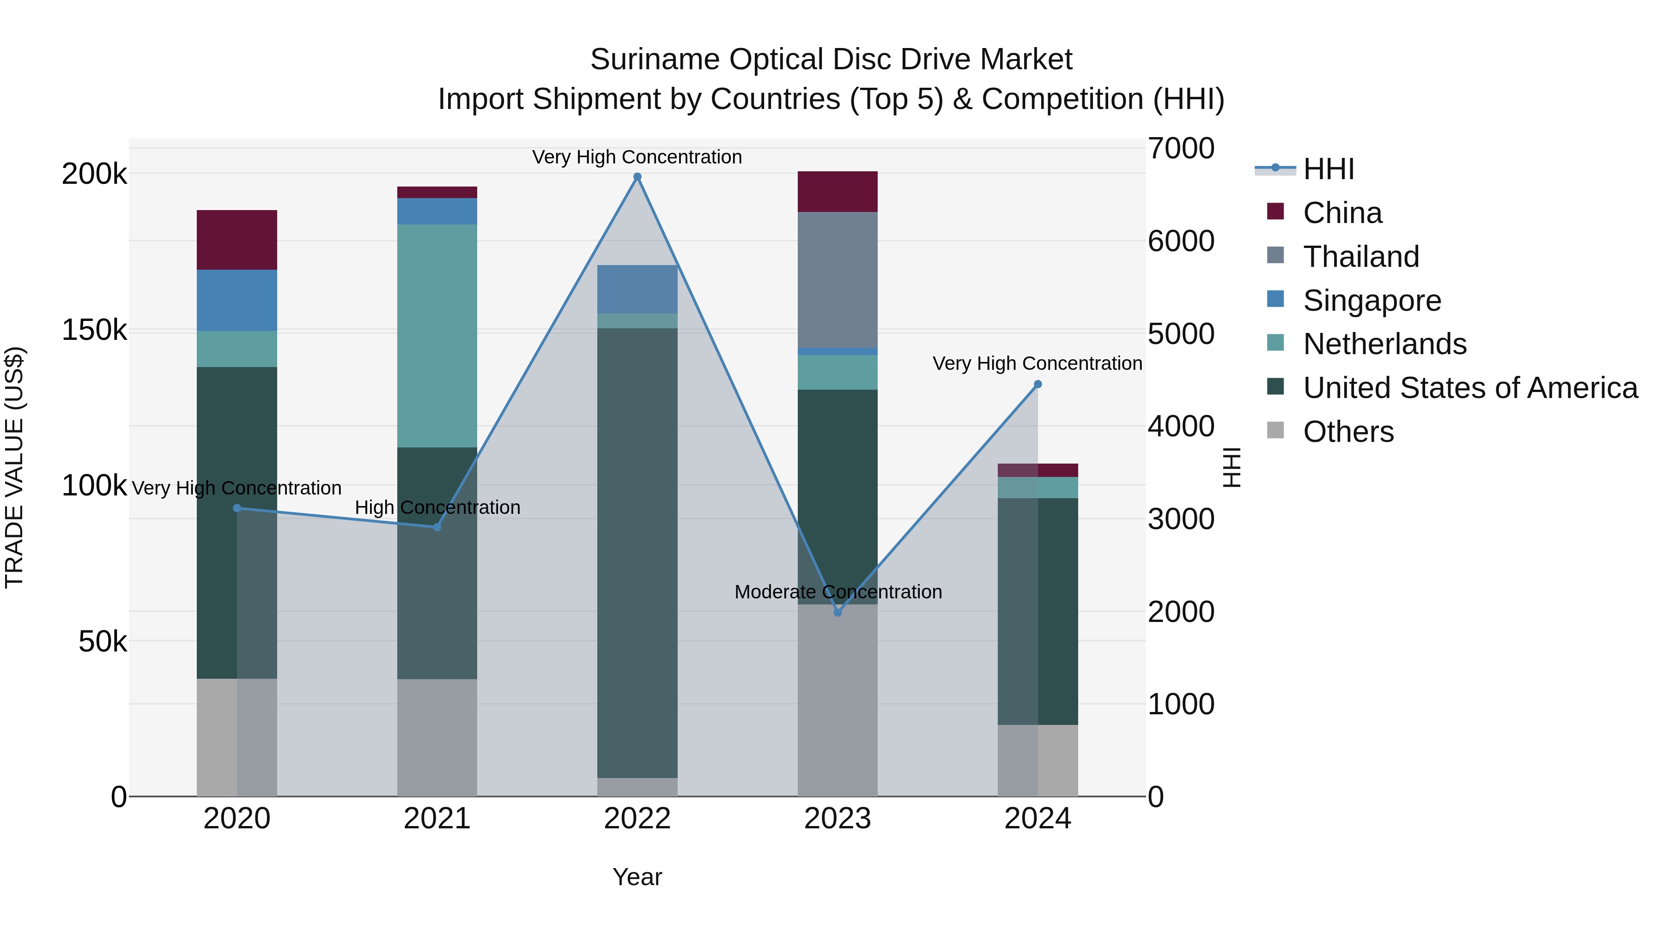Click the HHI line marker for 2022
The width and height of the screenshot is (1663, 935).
(x=637, y=177)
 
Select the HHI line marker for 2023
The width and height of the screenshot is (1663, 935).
(x=838, y=612)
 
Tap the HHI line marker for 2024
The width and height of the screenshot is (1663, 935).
(x=1038, y=385)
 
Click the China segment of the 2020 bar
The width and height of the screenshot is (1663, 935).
(x=237, y=240)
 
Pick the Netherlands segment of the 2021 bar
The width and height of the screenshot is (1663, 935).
(x=437, y=336)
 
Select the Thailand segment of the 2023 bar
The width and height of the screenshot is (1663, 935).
(x=838, y=279)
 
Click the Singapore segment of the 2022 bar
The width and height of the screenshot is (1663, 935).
(x=637, y=289)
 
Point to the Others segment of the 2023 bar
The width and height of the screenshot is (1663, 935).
(x=838, y=700)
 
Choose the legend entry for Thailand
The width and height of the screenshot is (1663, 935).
(x=1361, y=257)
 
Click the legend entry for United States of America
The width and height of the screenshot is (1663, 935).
(x=1469, y=388)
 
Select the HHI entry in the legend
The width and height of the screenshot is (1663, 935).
(x=1328, y=169)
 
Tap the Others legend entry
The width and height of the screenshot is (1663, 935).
(x=1348, y=432)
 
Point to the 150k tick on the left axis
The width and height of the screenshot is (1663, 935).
(x=94, y=331)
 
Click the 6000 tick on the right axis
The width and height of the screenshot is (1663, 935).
(x=1181, y=241)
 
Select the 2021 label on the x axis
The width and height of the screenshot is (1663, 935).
(x=437, y=819)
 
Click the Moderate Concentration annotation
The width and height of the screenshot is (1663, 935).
(x=838, y=592)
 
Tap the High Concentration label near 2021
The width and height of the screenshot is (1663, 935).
(x=437, y=508)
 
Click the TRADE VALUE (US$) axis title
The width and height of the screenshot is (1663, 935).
(x=14, y=467)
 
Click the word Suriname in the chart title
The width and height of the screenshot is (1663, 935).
(x=655, y=60)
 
